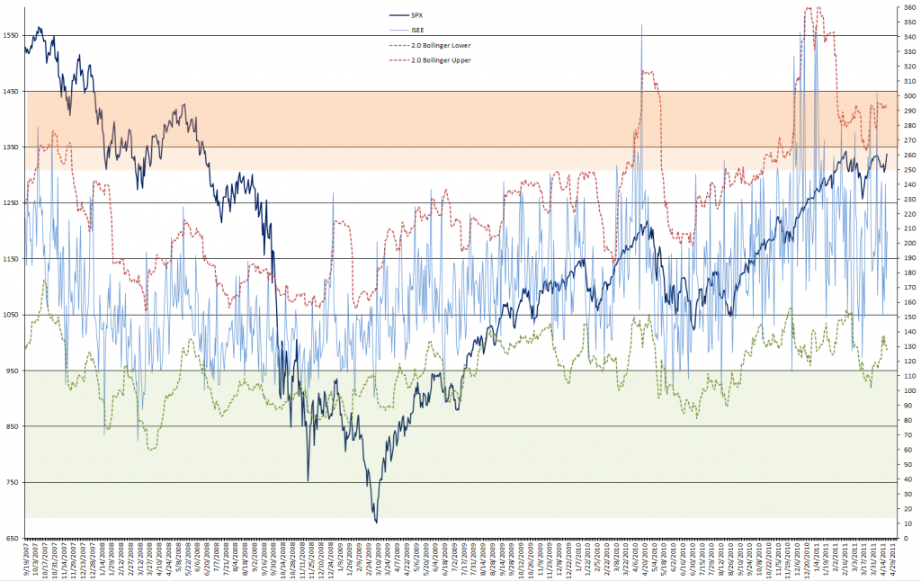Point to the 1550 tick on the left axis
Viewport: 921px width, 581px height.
11,35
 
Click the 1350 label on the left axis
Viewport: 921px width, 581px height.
11,147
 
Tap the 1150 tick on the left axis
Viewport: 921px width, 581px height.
11,259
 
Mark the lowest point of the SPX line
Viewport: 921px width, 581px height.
376,522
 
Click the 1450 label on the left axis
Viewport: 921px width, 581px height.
11,91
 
